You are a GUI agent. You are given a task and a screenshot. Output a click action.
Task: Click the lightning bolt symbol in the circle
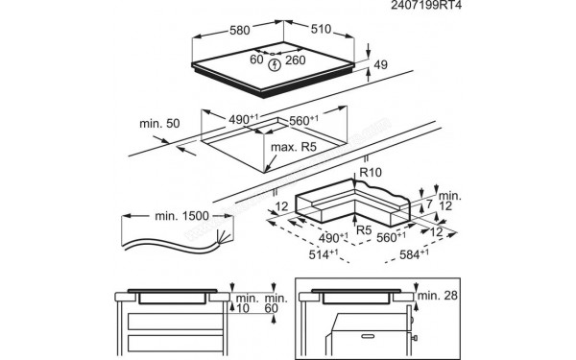click(x=276, y=65)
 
